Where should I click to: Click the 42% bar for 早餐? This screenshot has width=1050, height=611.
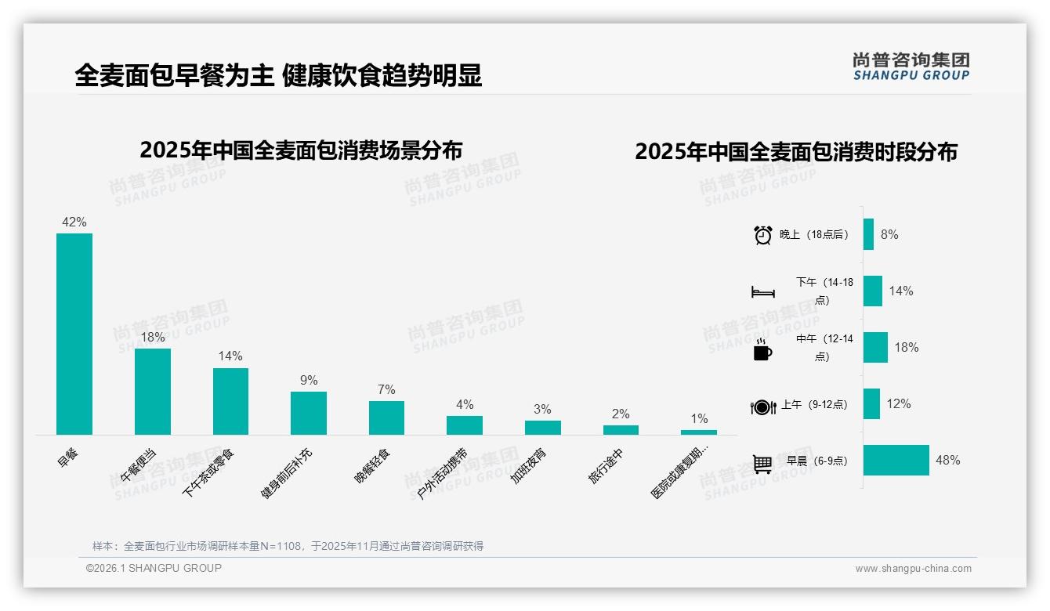point(74,334)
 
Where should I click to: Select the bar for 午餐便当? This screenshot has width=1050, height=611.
point(152,391)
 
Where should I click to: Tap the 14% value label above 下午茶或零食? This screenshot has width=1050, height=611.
point(230,356)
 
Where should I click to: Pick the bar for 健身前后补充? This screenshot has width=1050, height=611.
point(309,413)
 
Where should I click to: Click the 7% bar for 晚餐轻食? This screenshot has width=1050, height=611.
point(386,418)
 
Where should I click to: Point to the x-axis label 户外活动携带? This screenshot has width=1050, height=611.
point(442,473)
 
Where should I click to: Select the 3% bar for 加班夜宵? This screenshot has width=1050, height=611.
point(542,427)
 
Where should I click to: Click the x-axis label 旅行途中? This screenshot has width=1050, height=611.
point(606,465)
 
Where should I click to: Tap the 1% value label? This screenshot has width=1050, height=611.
point(699,418)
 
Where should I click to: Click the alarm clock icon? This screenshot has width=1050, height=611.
point(762,235)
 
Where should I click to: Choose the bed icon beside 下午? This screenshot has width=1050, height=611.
point(762,292)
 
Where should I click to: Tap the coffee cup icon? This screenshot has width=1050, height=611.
point(762,349)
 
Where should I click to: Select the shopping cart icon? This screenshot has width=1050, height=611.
point(762,464)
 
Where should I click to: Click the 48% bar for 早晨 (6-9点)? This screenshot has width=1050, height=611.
point(896,461)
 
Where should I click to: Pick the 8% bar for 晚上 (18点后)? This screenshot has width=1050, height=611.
point(868,234)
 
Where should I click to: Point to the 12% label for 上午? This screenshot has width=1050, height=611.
point(899,404)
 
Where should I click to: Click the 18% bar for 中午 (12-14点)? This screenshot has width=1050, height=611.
point(875,347)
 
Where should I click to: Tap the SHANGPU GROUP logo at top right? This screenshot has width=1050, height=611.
point(911,66)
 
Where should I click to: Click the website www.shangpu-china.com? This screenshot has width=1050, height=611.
point(913,569)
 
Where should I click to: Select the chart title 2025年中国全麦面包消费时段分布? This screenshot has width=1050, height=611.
point(796,152)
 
